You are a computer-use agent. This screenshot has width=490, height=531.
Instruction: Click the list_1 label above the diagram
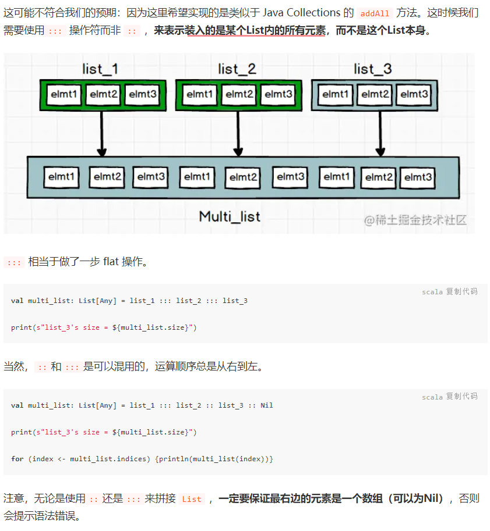[x=100, y=69]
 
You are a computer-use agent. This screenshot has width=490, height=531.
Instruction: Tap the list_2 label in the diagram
[x=237, y=69]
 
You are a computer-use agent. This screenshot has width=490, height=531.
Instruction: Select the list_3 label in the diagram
[x=372, y=69]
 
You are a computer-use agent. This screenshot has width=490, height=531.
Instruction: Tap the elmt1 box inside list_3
[x=336, y=94]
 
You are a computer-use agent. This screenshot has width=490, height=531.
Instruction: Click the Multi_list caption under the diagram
[x=230, y=217]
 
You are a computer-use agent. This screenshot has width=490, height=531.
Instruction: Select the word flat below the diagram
[x=111, y=262]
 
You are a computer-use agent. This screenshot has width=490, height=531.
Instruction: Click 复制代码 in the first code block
[x=461, y=291]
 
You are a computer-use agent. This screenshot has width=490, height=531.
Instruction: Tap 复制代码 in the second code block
[x=461, y=397]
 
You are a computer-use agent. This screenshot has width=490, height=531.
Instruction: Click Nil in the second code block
[x=266, y=405]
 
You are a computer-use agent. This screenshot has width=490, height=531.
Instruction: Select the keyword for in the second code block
[x=17, y=459]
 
